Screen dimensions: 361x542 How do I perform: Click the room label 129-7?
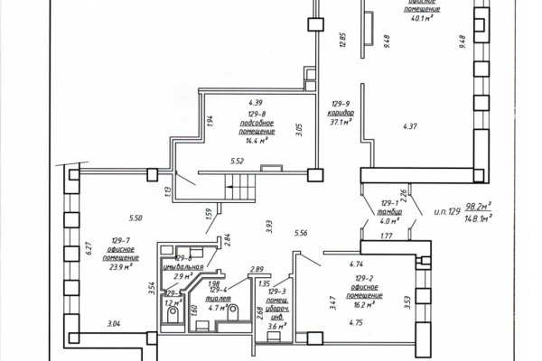click(x=120, y=239)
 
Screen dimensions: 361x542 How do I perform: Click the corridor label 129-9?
click(x=341, y=105)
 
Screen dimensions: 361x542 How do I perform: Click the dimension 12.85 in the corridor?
click(x=342, y=42)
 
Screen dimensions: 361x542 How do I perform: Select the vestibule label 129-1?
click(x=389, y=204)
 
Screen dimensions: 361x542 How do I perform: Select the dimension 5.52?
click(x=238, y=162)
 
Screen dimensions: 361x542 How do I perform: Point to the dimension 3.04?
click(x=114, y=323)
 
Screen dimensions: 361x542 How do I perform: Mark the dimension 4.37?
click(x=410, y=125)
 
